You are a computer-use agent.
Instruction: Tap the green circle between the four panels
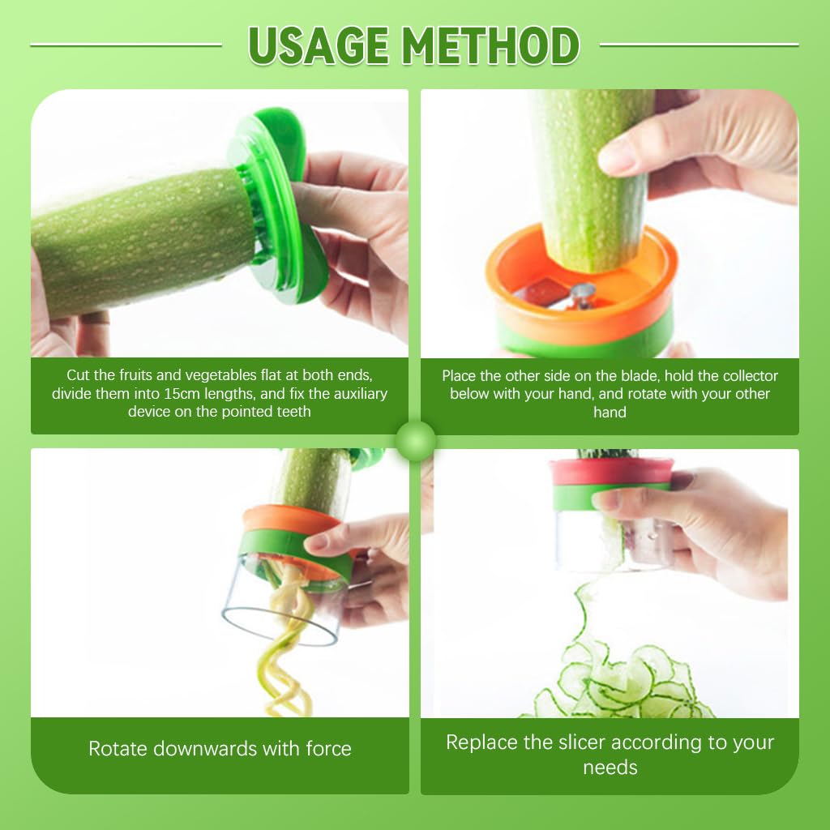(416, 441)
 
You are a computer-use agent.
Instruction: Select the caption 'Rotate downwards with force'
(220, 748)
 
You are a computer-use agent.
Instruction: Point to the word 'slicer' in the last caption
(579, 742)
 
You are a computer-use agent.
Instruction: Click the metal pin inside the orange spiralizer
(581, 293)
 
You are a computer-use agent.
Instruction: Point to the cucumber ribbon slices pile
(624, 685)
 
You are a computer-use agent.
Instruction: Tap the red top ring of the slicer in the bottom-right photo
(611, 471)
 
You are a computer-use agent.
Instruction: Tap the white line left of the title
(126, 45)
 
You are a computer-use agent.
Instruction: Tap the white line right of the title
(699, 45)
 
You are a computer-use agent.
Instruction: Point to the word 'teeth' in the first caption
(292, 412)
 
